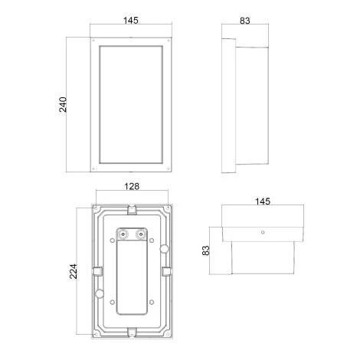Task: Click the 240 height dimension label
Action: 63,105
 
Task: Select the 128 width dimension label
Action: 132,186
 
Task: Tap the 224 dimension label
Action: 74,271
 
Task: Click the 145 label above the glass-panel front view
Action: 131,21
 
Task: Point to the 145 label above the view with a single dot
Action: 263,201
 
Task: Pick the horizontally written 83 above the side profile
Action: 245,21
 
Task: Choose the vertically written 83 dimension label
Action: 205,250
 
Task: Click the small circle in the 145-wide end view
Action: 263,232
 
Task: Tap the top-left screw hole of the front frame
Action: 93,41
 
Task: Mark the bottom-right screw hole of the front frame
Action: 168,169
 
